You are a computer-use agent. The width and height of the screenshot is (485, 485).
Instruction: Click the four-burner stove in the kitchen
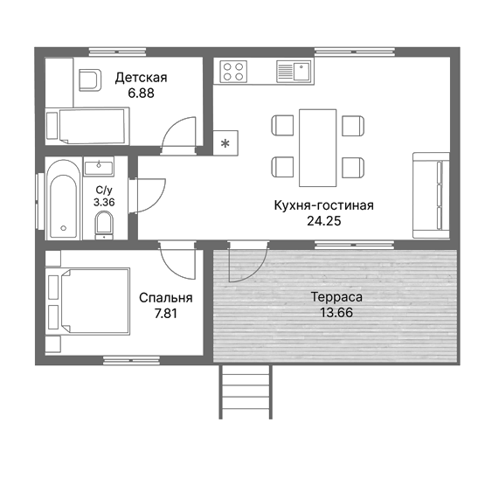click(233, 72)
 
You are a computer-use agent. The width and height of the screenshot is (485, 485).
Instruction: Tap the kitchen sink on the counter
click(294, 72)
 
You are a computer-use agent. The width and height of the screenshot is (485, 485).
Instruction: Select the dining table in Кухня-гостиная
click(318, 148)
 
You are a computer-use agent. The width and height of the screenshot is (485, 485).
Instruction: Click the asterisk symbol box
click(225, 143)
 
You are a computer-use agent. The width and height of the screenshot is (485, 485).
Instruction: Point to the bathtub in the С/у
click(64, 199)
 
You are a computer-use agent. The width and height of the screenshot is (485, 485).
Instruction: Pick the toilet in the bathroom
click(104, 225)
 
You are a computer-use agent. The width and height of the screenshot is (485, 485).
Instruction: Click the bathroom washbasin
click(99, 166)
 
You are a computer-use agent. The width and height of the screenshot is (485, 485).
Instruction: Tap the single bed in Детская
click(87, 126)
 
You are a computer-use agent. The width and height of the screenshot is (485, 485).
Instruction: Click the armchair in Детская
click(90, 80)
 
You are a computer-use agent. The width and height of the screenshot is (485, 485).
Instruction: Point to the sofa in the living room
click(431, 195)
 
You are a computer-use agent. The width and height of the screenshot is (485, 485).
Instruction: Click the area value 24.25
click(324, 221)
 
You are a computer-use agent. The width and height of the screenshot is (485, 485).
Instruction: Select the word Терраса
click(336, 297)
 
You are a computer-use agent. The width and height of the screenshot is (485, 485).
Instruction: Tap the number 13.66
click(336, 312)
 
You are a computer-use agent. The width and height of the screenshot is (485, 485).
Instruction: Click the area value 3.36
click(104, 202)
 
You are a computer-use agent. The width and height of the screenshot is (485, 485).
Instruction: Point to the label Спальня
click(166, 298)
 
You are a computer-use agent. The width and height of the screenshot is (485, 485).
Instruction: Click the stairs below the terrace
click(246, 391)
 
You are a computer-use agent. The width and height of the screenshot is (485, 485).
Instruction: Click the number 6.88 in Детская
click(141, 94)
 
